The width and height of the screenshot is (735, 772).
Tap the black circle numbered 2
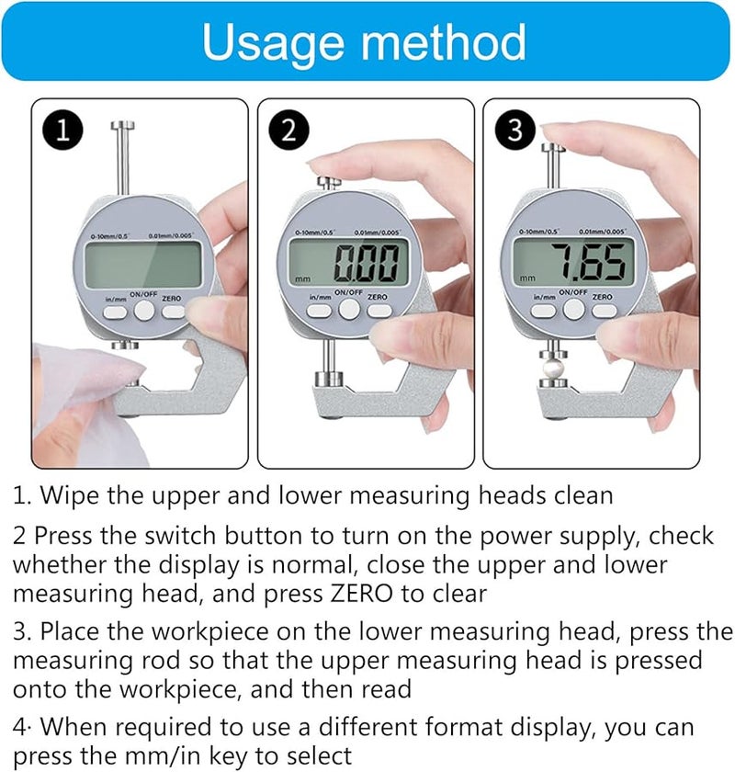pyautogui.click(x=288, y=131)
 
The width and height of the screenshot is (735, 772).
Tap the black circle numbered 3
pyautogui.click(x=515, y=131)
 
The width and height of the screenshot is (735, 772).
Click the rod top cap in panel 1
pyautogui.click(x=120, y=125)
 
